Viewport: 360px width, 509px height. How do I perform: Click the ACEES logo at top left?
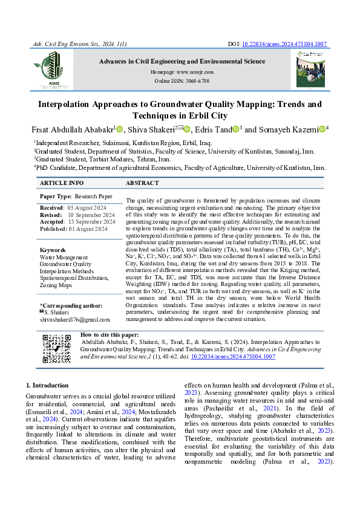[x=47, y=68]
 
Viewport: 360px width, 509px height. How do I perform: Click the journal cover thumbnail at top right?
[x=310, y=68]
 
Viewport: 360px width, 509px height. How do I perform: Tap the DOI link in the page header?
[x=284, y=44]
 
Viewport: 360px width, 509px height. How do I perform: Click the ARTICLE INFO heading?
[x=62, y=183]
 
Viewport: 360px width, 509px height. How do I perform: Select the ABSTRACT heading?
[x=142, y=183]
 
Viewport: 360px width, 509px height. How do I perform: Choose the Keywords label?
[x=53, y=250]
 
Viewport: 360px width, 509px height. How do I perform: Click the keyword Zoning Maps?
[x=57, y=285]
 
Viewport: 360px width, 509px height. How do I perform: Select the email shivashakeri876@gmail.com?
[x=75, y=319]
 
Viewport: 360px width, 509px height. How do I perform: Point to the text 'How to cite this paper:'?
[x=110, y=334]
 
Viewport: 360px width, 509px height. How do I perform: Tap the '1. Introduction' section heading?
[x=47, y=385]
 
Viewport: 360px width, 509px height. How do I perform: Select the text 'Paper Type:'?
[x=56, y=196]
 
